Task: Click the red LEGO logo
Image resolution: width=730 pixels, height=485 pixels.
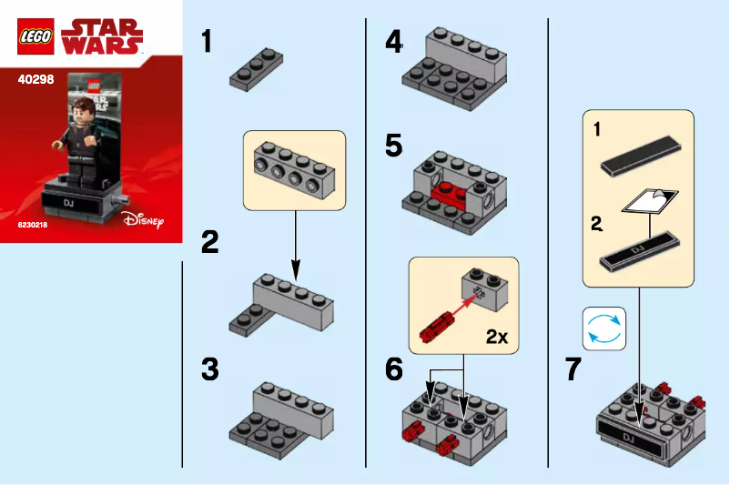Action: (35, 36)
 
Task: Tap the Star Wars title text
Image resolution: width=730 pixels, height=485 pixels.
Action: (102, 35)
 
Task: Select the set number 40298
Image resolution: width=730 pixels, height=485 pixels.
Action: (35, 79)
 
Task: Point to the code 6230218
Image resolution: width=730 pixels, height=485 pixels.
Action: (35, 223)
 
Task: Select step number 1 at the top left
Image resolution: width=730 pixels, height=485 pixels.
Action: (207, 41)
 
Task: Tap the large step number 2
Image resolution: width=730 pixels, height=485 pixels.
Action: (210, 242)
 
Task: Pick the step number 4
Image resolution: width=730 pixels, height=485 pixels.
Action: (393, 41)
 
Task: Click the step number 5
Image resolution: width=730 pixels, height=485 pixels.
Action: (393, 146)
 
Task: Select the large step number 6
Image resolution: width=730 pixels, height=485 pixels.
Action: (393, 369)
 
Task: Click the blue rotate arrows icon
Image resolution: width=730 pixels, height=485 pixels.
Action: (604, 328)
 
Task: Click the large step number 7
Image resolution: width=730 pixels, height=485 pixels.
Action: (573, 369)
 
